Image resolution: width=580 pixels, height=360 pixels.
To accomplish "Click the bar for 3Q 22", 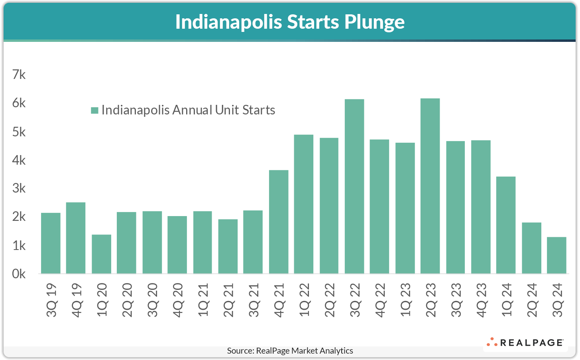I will click(354, 186).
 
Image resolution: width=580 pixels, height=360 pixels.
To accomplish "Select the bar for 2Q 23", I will click(430, 186).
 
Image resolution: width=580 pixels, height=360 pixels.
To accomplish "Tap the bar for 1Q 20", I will click(101, 254).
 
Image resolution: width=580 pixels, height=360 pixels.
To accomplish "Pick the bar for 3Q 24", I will click(556, 255).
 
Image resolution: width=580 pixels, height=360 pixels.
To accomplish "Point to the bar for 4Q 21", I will click(279, 222).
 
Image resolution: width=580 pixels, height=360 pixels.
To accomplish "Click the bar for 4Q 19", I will click(76, 238).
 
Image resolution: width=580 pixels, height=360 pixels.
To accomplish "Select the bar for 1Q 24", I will click(506, 225).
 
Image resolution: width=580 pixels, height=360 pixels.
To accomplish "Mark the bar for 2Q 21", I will click(228, 246).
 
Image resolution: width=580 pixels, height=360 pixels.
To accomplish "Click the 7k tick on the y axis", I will click(19, 75).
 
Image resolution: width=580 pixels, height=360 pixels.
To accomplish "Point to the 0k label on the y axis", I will click(19, 274).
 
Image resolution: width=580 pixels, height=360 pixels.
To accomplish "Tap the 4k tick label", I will click(19, 160).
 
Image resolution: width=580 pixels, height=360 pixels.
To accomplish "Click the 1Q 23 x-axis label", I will click(405, 300).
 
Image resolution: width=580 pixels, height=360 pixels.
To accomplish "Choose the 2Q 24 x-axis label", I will click(532, 300).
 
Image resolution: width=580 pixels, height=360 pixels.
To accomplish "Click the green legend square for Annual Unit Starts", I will click(94, 110).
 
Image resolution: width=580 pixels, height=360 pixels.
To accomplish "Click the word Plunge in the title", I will click(374, 22).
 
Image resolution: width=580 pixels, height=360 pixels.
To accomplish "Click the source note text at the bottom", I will click(290, 351).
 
